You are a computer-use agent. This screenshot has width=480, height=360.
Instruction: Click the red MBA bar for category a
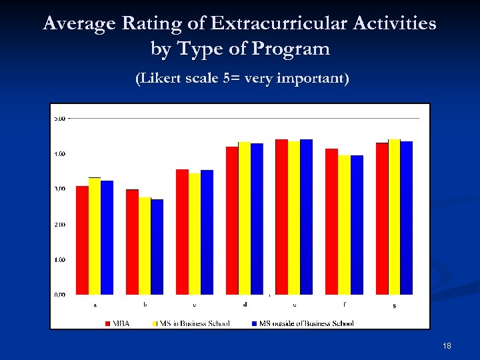pos(82,240)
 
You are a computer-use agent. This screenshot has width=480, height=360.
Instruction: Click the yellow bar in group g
pos(394,217)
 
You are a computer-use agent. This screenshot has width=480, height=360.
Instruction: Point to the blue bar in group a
pos(107,237)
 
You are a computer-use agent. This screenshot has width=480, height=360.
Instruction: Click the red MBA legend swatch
pos(107,323)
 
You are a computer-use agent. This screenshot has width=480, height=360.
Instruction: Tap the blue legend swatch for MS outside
pos(254,323)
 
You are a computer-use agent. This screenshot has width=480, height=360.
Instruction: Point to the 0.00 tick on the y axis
pos(59,294)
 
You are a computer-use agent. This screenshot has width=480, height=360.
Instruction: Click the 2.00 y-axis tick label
pos(59,224)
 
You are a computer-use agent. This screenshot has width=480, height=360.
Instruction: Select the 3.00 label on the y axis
pos(59,189)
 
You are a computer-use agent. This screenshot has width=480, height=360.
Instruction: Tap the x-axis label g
pos(394,305)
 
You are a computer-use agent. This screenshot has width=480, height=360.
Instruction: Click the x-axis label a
pos(95,305)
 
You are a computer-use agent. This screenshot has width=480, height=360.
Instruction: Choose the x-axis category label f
pos(344,305)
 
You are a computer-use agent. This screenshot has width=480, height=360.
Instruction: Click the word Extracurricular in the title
pos(284,24)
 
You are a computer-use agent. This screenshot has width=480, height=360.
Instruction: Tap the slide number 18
pos(447,345)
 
